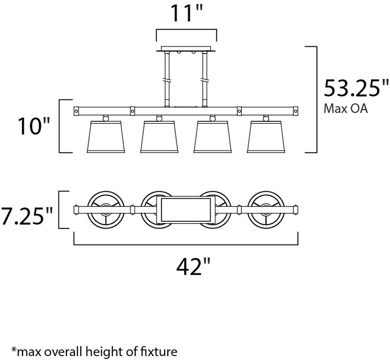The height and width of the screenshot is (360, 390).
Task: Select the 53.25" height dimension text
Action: (x=356, y=88)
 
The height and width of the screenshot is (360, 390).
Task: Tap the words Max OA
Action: (x=345, y=109)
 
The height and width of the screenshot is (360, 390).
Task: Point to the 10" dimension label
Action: (x=34, y=126)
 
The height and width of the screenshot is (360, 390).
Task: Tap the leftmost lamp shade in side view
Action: (x=106, y=136)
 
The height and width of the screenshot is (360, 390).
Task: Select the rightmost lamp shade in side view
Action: (x=266, y=136)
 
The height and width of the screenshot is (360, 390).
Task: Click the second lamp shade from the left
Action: (x=159, y=136)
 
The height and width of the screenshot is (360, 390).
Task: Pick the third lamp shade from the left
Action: (x=213, y=136)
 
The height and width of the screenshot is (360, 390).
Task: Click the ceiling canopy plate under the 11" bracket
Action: (x=186, y=49)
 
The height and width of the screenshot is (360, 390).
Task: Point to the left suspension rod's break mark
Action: (x=167, y=80)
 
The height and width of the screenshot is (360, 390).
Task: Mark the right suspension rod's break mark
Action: (x=205, y=80)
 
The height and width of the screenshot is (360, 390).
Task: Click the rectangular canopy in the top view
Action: (x=186, y=209)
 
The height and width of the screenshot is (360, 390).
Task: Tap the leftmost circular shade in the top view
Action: (x=106, y=209)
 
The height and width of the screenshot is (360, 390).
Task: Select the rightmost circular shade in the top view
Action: (x=266, y=209)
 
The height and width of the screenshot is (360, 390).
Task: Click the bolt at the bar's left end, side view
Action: (x=77, y=111)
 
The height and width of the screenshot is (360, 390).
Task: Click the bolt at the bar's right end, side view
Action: (x=296, y=111)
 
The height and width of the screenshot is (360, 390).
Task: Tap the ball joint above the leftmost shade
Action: (x=106, y=118)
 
